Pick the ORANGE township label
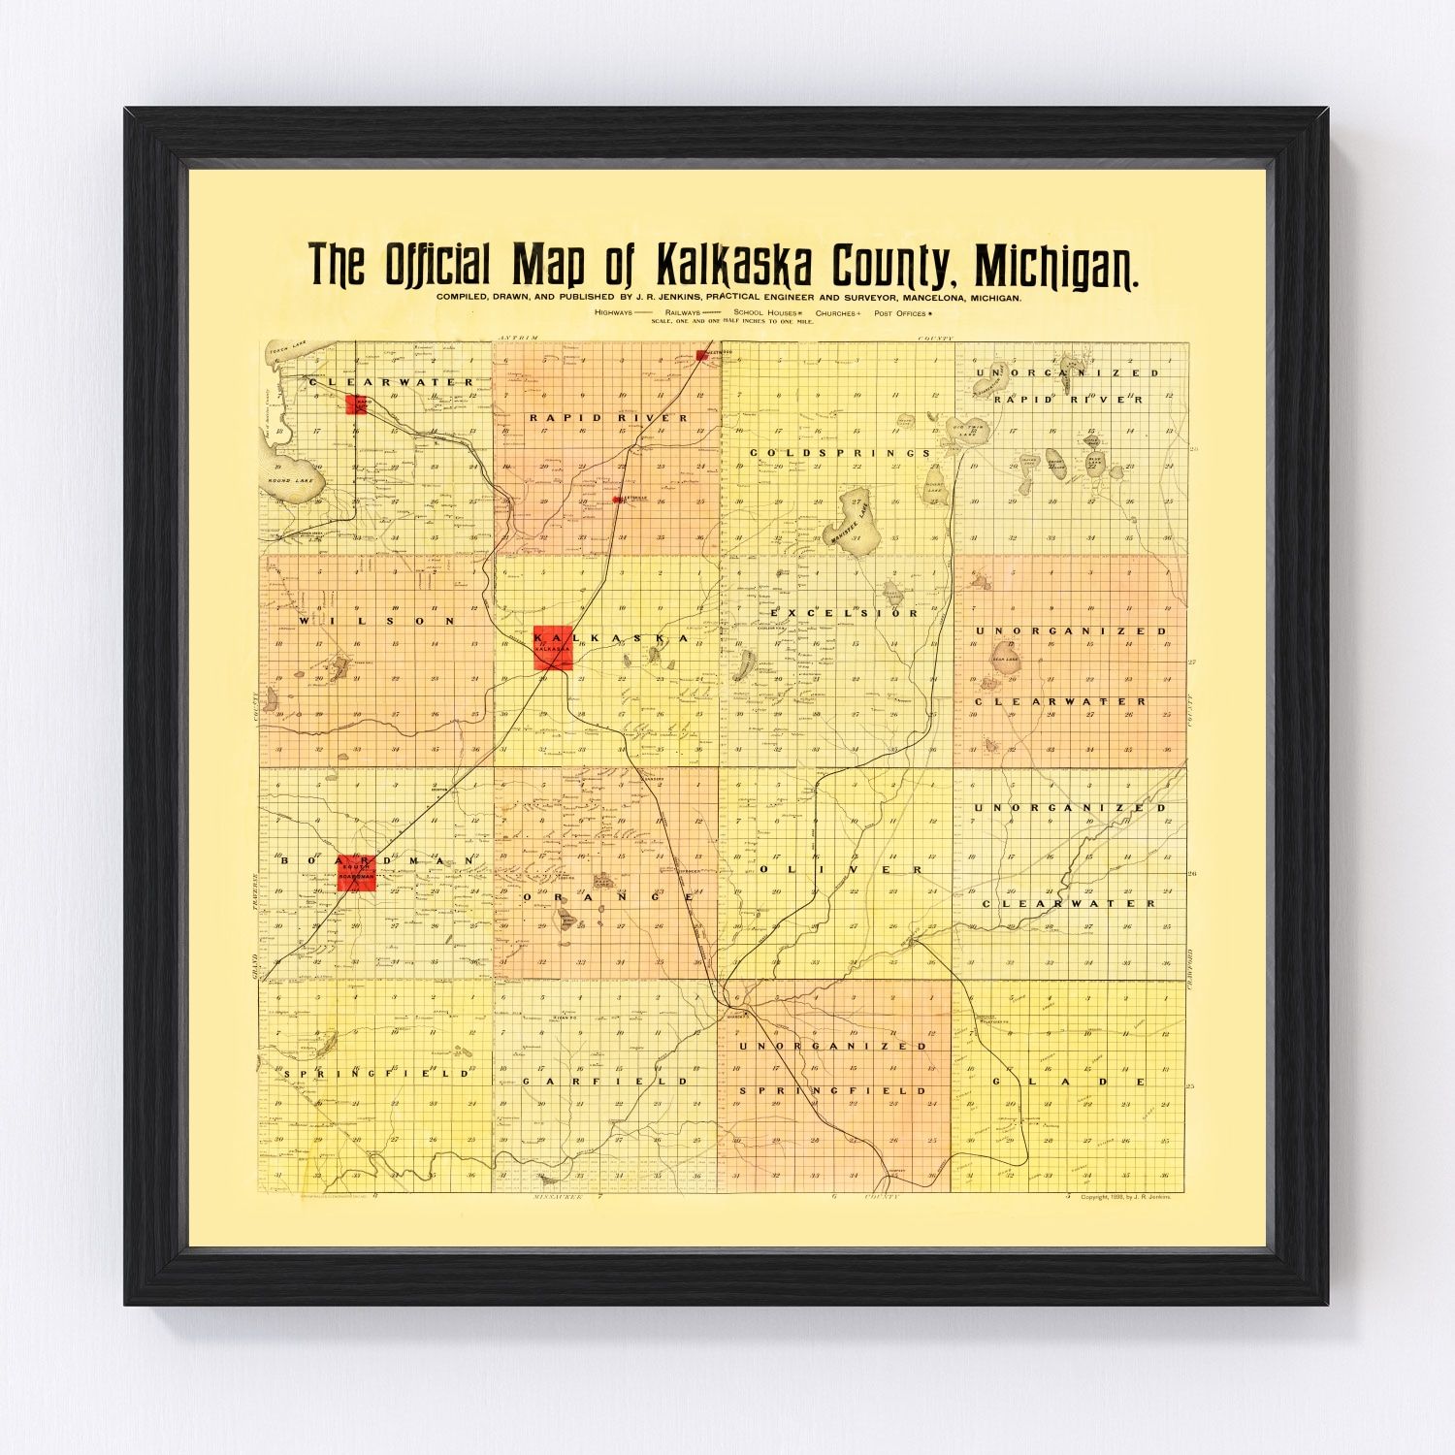tap(608, 897)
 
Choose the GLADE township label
tap(1068, 1081)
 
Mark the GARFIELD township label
tap(605, 1080)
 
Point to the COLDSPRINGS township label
tap(840, 452)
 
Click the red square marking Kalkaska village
tap(554, 648)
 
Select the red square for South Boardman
tap(356, 872)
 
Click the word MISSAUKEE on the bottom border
tap(562, 1199)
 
